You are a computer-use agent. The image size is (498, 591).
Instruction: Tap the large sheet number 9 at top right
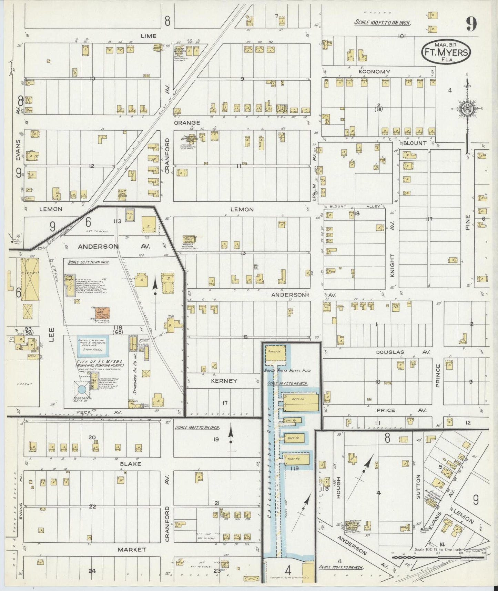pyautogui.click(x=471, y=24)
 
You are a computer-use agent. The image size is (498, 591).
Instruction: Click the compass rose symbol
pyautogui.click(x=467, y=109)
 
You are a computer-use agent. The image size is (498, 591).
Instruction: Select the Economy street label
pyautogui.click(x=374, y=72)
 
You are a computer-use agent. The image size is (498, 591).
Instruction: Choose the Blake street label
pyautogui.click(x=130, y=464)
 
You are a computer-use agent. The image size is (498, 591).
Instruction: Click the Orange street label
pyautogui.click(x=187, y=122)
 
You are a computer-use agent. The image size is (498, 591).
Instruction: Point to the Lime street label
pyautogui.click(x=149, y=36)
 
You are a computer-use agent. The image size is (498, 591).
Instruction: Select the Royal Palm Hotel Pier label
pyautogui.click(x=287, y=371)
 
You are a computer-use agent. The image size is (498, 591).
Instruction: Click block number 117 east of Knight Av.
pyautogui.click(x=429, y=219)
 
